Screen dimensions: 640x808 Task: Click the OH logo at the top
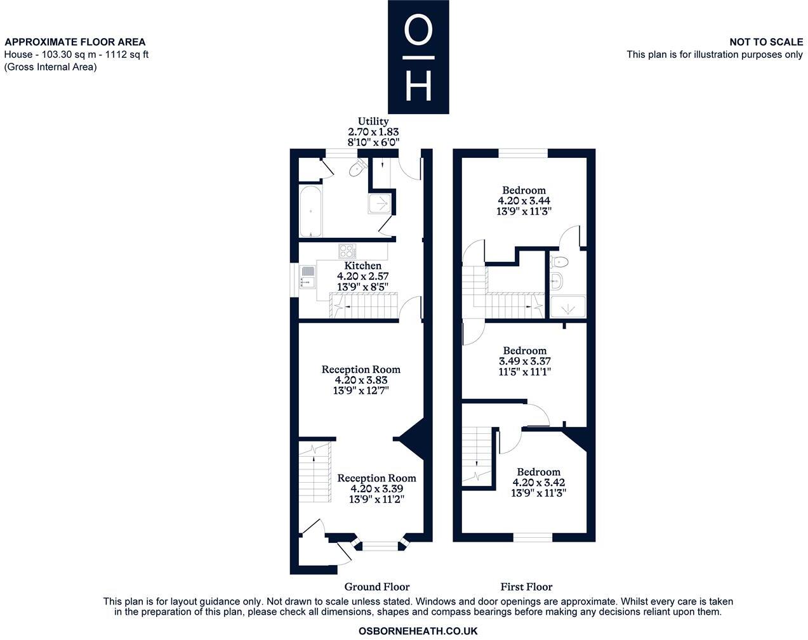click(x=418, y=57)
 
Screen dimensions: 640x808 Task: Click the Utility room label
click(x=373, y=121)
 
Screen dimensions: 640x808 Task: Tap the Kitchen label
click(x=362, y=265)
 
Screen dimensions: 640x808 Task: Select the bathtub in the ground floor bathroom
click(x=311, y=211)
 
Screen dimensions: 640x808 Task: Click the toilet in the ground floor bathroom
click(x=357, y=169)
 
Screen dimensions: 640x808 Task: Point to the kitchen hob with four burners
click(x=347, y=250)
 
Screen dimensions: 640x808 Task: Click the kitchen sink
click(x=308, y=277)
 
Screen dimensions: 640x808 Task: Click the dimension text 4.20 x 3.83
click(x=361, y=380)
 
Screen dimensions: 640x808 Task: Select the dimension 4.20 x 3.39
click(x=376, y=489)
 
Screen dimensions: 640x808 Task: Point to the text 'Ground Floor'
click(x=376, y=587)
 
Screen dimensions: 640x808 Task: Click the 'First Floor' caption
click(x=526, y=587)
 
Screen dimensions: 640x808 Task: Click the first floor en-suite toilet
click(x=560, y=261)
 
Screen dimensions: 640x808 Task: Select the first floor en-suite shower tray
click(x=567, y=307)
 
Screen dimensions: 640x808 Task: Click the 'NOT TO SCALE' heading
click(x=765, y=42)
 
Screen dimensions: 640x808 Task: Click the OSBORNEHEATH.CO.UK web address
click(x=418, y=631)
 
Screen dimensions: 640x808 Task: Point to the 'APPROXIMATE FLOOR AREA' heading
click(x=75, y=42)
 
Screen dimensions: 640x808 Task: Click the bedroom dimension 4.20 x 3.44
click(x=524, y=201)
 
